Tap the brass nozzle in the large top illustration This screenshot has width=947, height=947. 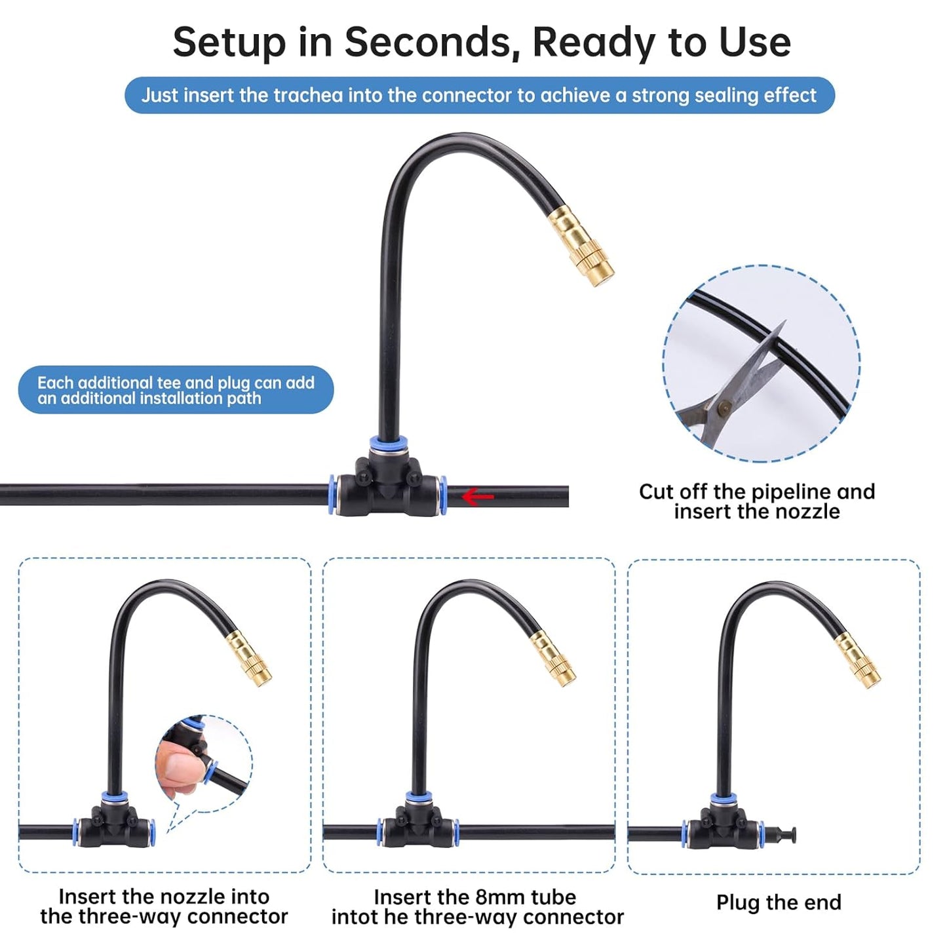[581, 246]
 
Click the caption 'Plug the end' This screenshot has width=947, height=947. [778, 902]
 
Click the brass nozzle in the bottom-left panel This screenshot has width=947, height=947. [248, 658]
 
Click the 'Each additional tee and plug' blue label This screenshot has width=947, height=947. [176, 390]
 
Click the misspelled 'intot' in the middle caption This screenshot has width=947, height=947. [356, 917]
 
